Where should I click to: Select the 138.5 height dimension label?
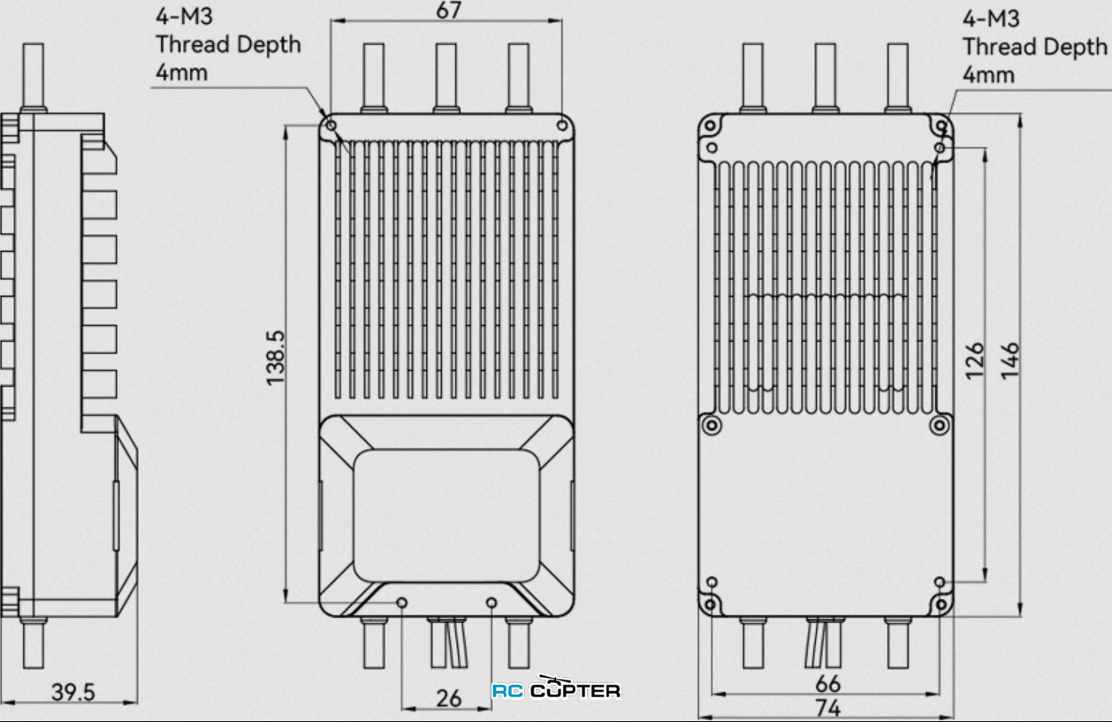point(276,357)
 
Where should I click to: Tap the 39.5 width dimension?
point(72,693)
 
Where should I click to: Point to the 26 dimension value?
point(449,698)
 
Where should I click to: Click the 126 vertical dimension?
point(975,361)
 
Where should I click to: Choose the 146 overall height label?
point(1010,361)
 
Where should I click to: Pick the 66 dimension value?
point(828,684)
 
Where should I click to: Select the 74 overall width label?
point(828,708)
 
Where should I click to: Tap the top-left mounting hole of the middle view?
point(331,125)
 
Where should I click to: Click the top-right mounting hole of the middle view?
point(561,125)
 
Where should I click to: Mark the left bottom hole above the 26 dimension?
point(402,603)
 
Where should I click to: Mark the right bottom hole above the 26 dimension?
point(492,603)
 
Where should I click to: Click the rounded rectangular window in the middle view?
point(446,514)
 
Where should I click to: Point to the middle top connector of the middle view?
point(446,78)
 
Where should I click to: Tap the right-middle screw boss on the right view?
point(940,428)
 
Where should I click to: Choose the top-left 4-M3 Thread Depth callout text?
point(227,44)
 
